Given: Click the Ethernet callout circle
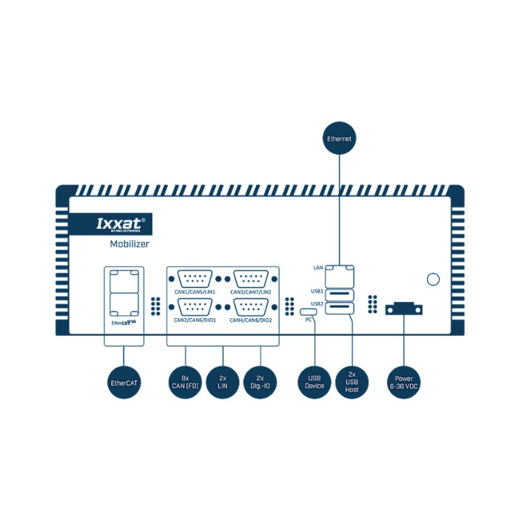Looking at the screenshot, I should click(x=340, y=138).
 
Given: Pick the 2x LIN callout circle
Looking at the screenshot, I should click(x=223, y=383).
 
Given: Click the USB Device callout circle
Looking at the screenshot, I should click(x=314, y=383).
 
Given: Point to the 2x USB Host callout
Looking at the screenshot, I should click(x=351, y=383).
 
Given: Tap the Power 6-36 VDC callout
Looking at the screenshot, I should click(x=404, y=383).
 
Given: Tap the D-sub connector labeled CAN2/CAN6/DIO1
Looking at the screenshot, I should click(x=195, y=307).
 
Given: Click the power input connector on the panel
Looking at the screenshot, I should click(x=404, y=309).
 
